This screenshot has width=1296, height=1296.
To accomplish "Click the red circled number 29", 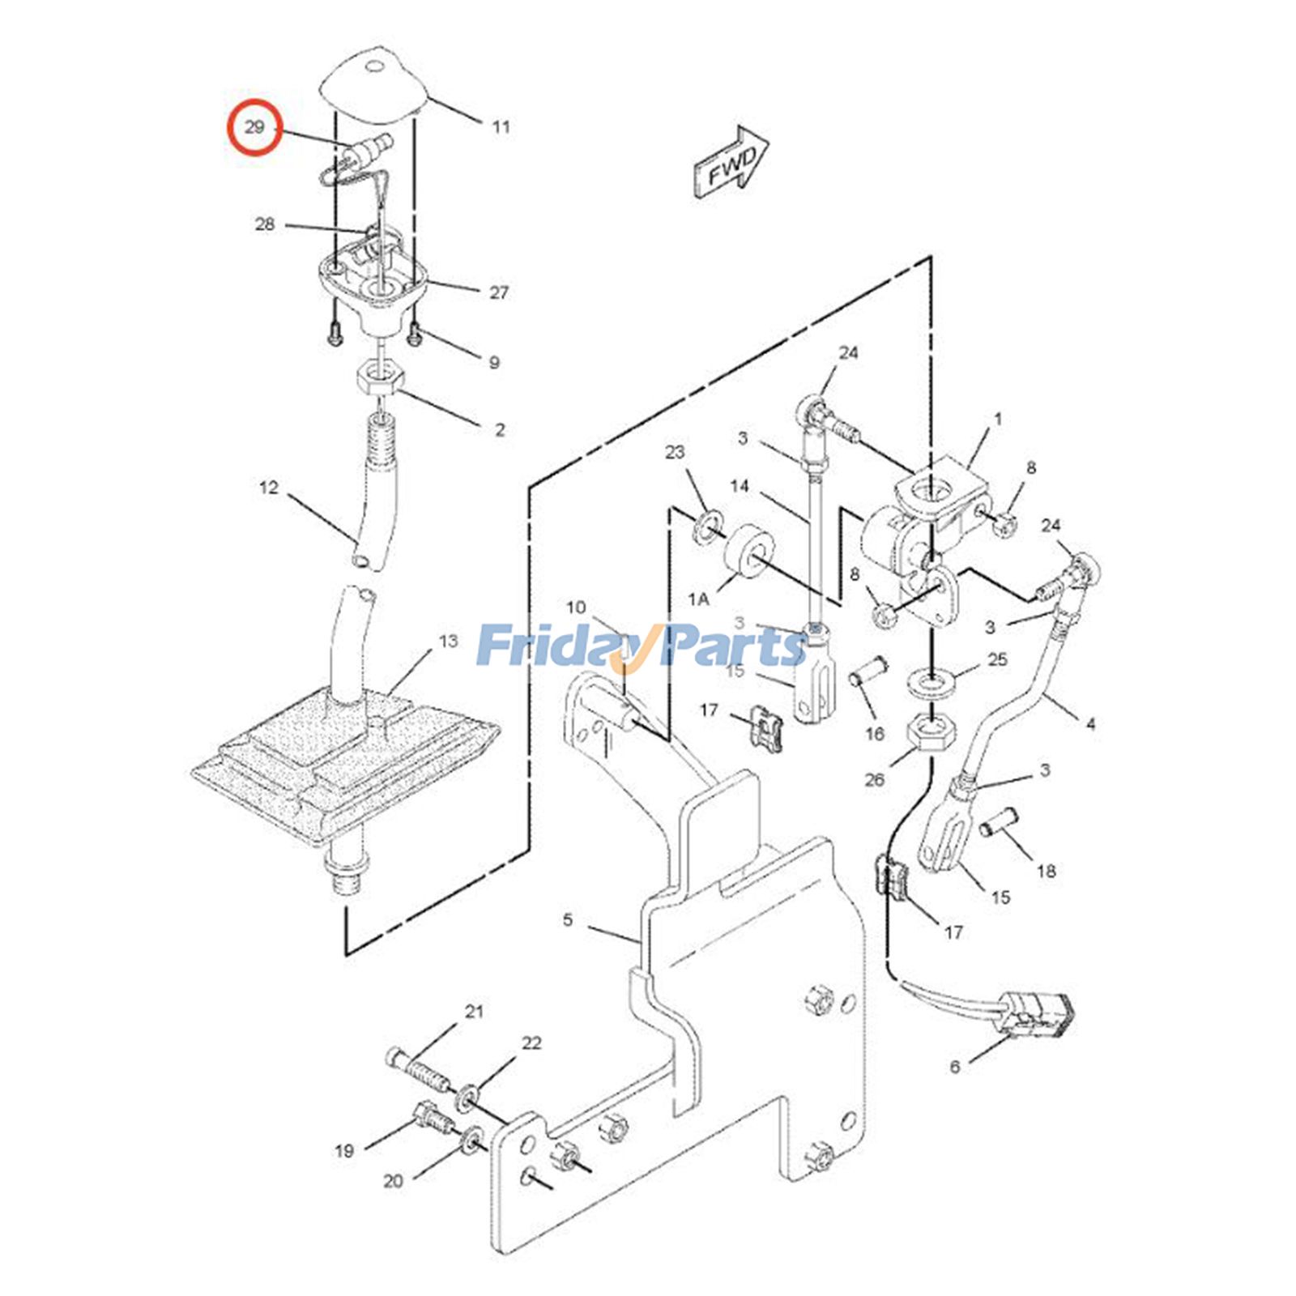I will pyautogui.click(x=254, y=127).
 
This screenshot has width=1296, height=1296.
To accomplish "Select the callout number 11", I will pyautogui.click(x=501, y=127).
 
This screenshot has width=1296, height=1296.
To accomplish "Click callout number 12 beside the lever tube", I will pyautogui.click(x=269, y=488).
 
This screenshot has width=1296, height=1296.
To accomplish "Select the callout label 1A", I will pyautogui.click(x=698, y=599).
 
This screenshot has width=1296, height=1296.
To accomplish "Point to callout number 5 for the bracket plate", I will pyautogui.click(x=568, y=920).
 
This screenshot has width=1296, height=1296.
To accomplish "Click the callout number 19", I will pyautogui.click(x=344, y=1151).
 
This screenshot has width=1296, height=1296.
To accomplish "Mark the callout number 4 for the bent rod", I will pyautogui.click(x=1090, y=723).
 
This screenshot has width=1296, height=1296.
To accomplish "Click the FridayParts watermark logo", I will pyautogui.click(x=640, y=646).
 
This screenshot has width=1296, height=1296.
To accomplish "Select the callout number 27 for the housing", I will pyautogui.click(x=499, y=292).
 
